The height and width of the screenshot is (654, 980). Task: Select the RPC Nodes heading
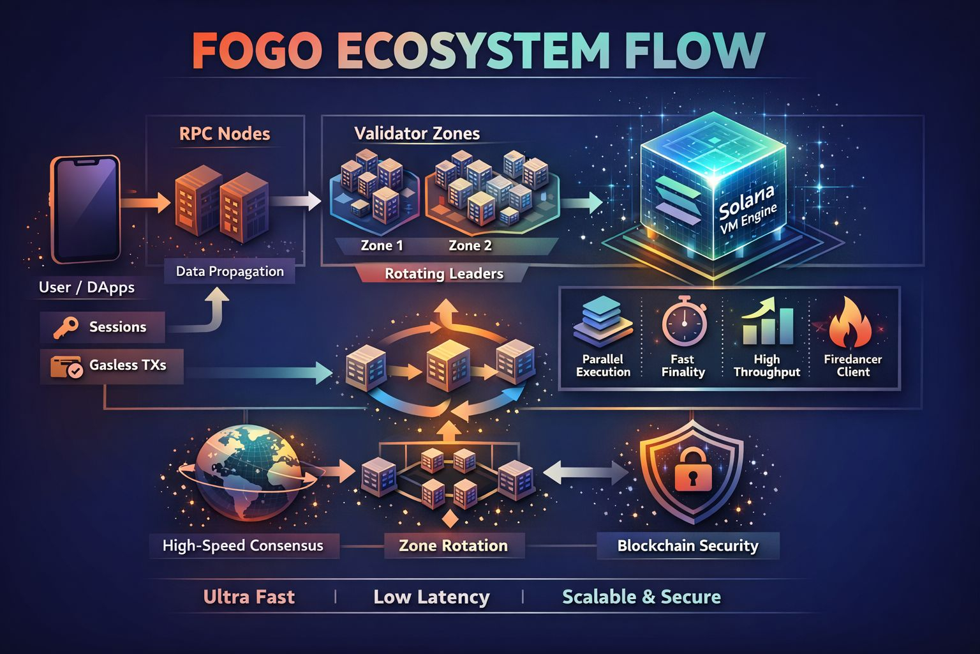tap(225, 133)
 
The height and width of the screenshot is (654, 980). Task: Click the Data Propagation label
tap(230, 271)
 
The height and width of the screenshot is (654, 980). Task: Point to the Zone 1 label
tap(382, 245)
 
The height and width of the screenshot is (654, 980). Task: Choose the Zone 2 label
tap(470, 245)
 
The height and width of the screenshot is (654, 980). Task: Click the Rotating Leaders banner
tap(444, 274)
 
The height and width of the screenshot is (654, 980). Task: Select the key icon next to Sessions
tap(66, 327)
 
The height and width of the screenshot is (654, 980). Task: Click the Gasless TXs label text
tap(128, 365)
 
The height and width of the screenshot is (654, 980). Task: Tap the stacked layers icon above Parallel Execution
tap(602, 322)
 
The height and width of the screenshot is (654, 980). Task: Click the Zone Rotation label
tap(453, 546)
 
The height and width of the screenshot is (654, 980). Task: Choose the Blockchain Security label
tap(688, 546)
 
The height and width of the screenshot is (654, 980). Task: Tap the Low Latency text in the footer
tap(431, 597)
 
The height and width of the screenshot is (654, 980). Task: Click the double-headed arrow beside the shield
tap(586, 473)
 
